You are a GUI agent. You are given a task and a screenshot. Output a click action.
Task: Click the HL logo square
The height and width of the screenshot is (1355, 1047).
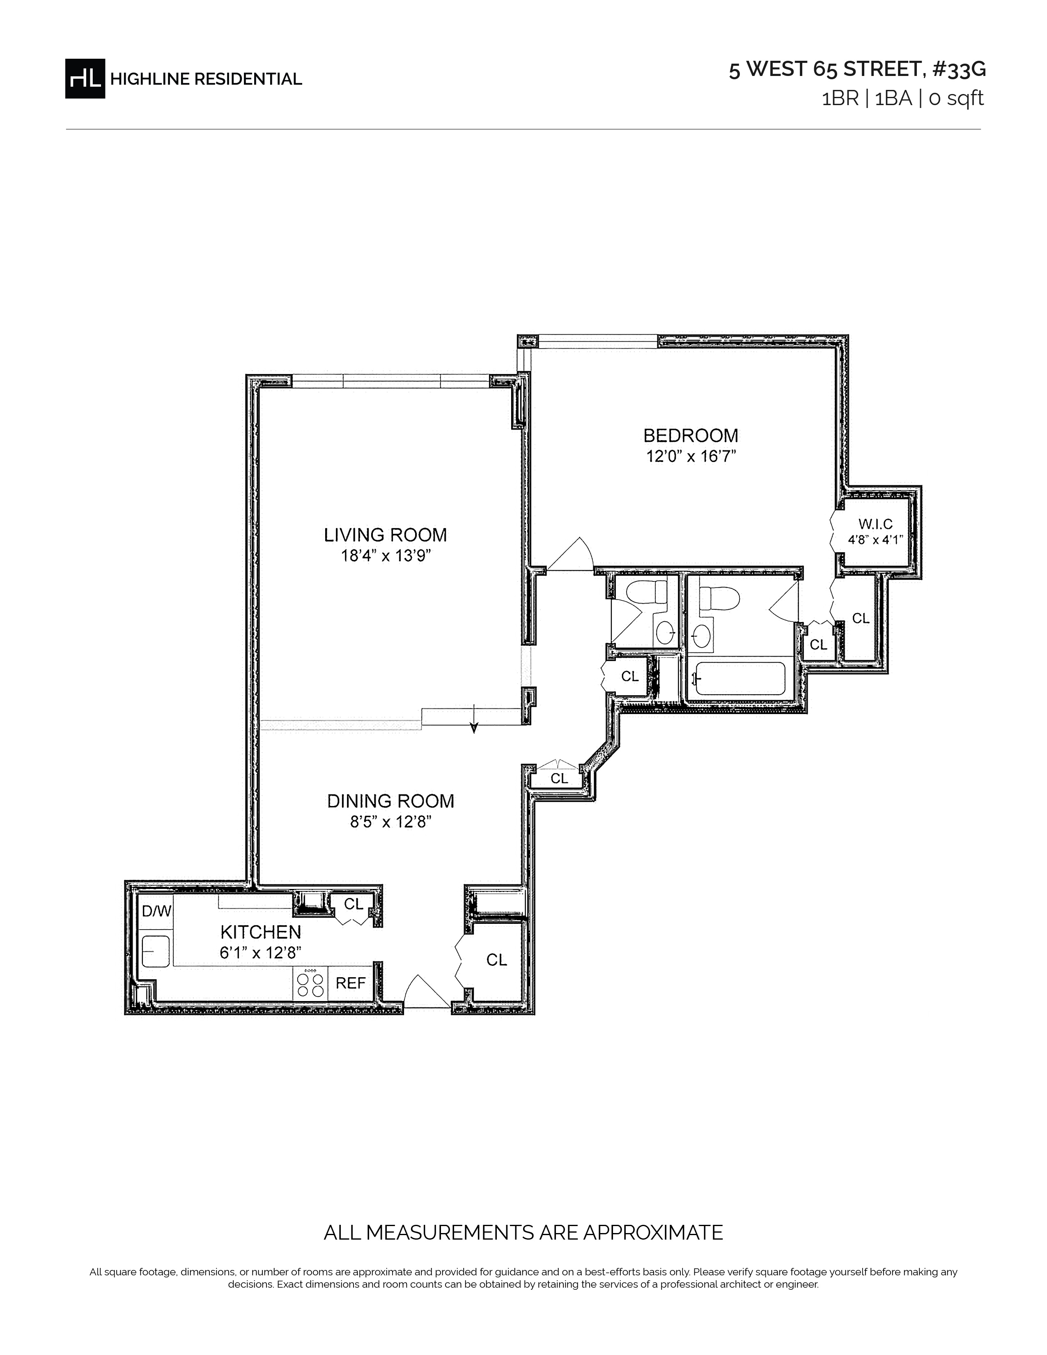tap(85, 78)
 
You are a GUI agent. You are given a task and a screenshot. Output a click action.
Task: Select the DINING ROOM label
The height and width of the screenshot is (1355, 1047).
tap(391, 801)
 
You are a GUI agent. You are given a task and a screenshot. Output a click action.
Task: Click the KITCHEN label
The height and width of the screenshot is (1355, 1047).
tap(260, 932)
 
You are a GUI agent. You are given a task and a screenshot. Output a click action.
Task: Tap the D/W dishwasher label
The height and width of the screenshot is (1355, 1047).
tap(156, 911)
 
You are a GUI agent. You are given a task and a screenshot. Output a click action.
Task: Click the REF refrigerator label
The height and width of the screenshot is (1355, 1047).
tap(351, 983)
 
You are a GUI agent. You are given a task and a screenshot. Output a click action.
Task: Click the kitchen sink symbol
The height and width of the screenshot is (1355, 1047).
tap(156, 952)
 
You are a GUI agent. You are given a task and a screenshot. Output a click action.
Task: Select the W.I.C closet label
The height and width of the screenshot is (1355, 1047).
tap(876, 525)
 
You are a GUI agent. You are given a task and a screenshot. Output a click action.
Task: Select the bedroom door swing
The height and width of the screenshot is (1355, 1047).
tap(571, 554)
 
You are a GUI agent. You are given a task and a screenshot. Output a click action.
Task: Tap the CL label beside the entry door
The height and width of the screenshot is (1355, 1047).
tap(496, 960)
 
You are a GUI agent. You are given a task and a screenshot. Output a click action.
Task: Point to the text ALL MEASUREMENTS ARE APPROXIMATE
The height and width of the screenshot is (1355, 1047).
tap(523, 1232)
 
